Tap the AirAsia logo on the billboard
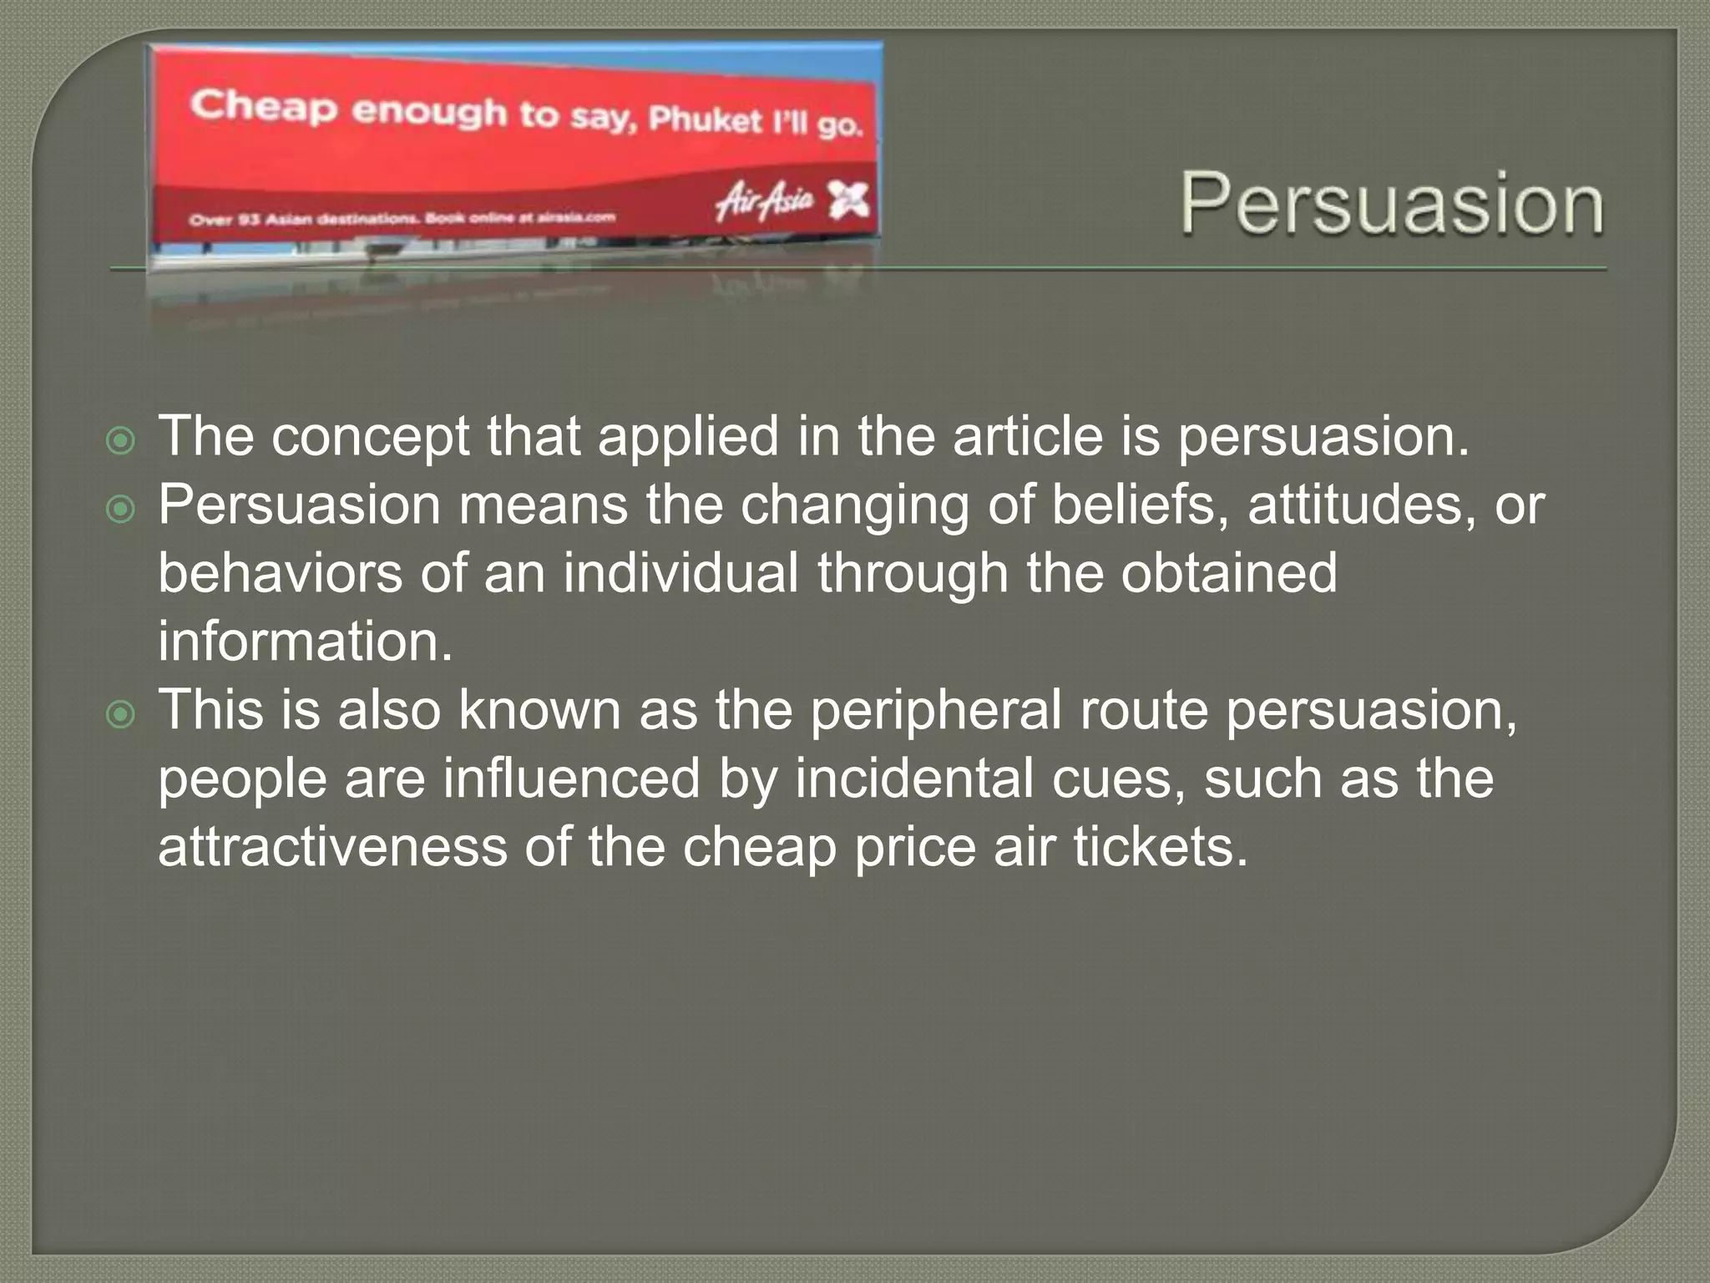click(x=764, y=200)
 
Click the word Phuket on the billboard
click(x=706, y=120)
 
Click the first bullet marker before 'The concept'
click(x=121, y=440)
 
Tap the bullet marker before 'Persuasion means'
click(x=121, y=509)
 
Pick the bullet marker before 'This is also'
click(x=121, y=714)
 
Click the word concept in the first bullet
click(x=371, y=437)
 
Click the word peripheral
click(x=935, y=711)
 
